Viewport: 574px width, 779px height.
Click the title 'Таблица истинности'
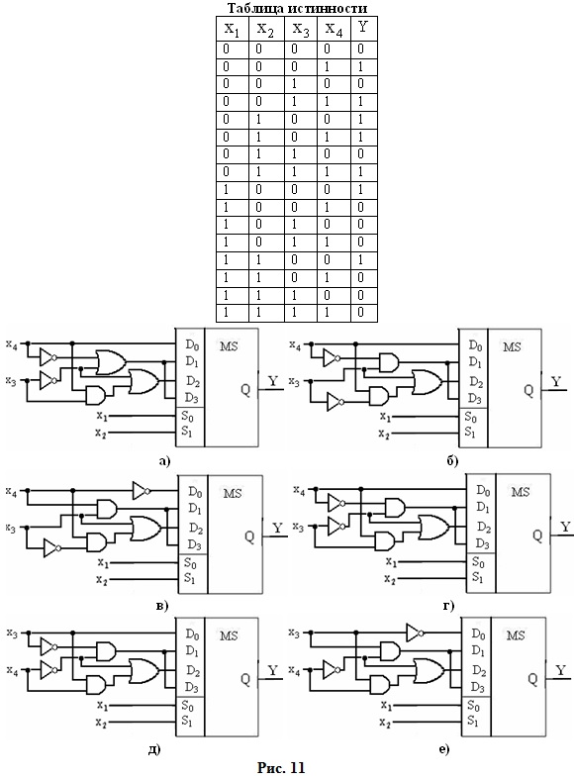[x=298, y=9]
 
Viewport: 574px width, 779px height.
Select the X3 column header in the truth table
[x=301, y=29]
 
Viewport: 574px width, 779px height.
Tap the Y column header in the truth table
[x=363, y=28]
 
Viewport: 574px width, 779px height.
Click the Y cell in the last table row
[x=361, y=313]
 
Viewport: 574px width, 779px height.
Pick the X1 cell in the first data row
[x=227, y=49]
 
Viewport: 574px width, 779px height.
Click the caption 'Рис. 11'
[x=280, y=767]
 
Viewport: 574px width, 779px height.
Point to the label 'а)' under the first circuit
[x=164, y=462]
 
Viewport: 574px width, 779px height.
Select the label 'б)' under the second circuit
[x=452, y=461]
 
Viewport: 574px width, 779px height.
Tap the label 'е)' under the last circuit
[x=444, y=749]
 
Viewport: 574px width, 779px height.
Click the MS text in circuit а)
[x=229, y=345]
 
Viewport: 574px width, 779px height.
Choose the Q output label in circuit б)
[x=528, y=391]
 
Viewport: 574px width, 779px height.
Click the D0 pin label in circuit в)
[x=195, y=492]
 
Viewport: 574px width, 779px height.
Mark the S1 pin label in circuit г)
[x=478, y=577]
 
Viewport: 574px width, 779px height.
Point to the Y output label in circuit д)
[x=273, y=671]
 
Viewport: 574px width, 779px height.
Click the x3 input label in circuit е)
[x=294, y=633]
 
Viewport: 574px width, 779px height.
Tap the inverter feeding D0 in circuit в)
[x=142, y=491]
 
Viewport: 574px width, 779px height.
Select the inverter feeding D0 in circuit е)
[x=416, y=633]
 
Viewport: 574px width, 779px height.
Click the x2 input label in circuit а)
[x=100, y=434]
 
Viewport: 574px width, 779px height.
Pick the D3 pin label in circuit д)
[x=192, y=688]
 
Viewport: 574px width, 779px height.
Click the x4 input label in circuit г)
[x=299, y=491]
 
